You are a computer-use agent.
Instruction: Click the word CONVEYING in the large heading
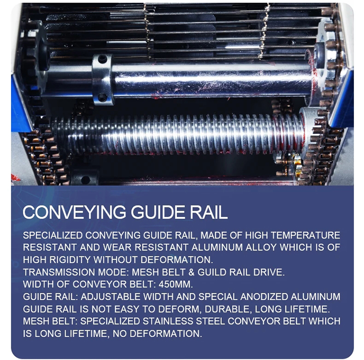[x=74, y=212]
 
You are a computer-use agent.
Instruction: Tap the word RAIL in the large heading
[x=209, y=212]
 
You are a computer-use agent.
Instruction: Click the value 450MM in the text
[x=176, y=284]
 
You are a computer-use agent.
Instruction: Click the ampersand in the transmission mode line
[x=192, y=272]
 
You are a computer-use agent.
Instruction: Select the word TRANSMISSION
[x=59, y=272]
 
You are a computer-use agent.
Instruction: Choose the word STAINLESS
[x=168, y=321]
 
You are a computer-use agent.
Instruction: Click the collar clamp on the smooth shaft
[x=102, y=80]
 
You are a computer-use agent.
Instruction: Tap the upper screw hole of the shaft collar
[x=102, y=59]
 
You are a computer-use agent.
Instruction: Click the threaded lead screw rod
[x=177, y=134]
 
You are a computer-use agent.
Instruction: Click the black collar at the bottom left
[x=84, y=178]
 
